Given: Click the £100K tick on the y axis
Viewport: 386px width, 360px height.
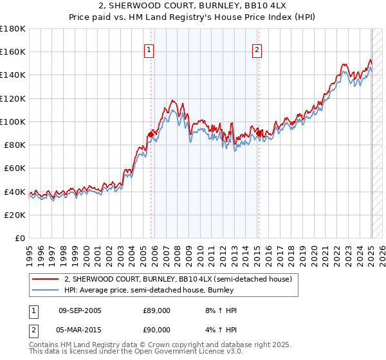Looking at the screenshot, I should tap(13, 122).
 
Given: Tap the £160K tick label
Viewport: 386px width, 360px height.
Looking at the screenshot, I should tap(13, 51).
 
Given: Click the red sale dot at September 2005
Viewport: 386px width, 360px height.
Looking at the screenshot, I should tap(151, 134).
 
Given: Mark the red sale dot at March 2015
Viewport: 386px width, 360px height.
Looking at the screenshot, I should tap(258, 133).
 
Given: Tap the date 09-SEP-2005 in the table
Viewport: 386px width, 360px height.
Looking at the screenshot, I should tap(80, 310).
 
